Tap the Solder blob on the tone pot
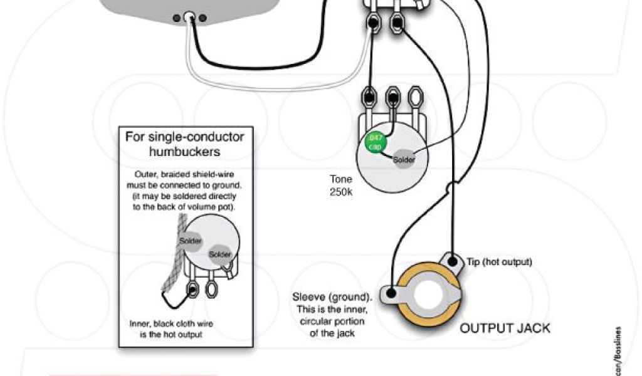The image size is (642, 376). (x=404, y=159)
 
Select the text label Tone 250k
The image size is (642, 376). (x=341, y=185)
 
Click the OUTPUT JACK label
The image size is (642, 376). (x=505, y=328)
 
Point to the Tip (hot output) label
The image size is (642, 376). (x=499, y=262)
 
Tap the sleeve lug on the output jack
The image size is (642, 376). (x=391, y=292)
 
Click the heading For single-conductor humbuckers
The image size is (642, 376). (x=184, y=144)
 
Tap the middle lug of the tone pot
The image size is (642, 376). (x=393, y=97)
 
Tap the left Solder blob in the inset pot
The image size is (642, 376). (x=190, y=241)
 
